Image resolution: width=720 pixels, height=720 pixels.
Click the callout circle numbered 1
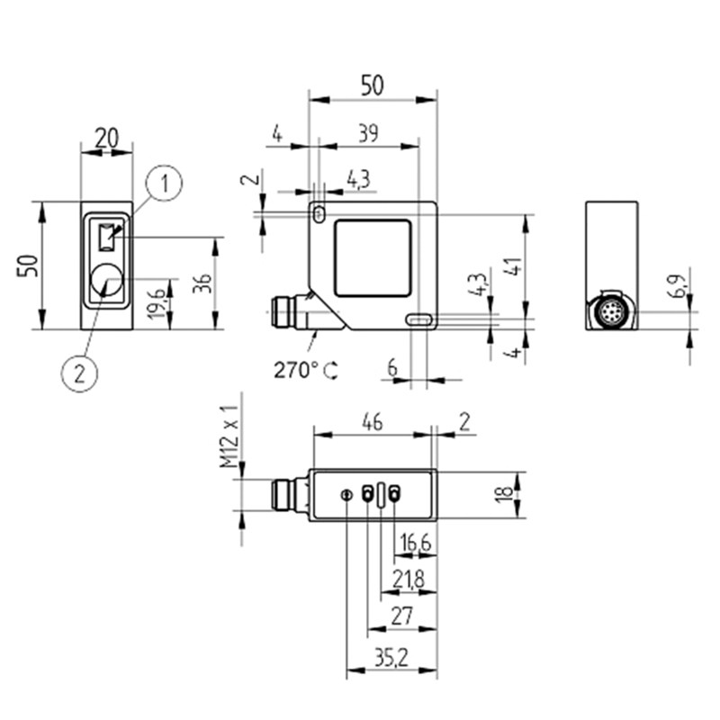click(165, 184)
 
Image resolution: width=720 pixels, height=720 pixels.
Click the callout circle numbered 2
click(79, 372)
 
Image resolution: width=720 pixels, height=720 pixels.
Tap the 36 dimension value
click(203, 283)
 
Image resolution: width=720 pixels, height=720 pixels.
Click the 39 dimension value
click(367, 133)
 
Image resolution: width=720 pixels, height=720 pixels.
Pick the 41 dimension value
click(513, 267)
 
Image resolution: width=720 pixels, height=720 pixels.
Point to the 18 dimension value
click(508, 493)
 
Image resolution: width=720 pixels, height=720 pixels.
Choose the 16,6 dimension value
click(415, 543)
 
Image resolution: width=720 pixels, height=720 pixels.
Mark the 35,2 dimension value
click(391, 658)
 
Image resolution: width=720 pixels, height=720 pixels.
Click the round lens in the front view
click(107, 282)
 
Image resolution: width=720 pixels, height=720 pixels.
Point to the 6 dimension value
click(391, 367)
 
